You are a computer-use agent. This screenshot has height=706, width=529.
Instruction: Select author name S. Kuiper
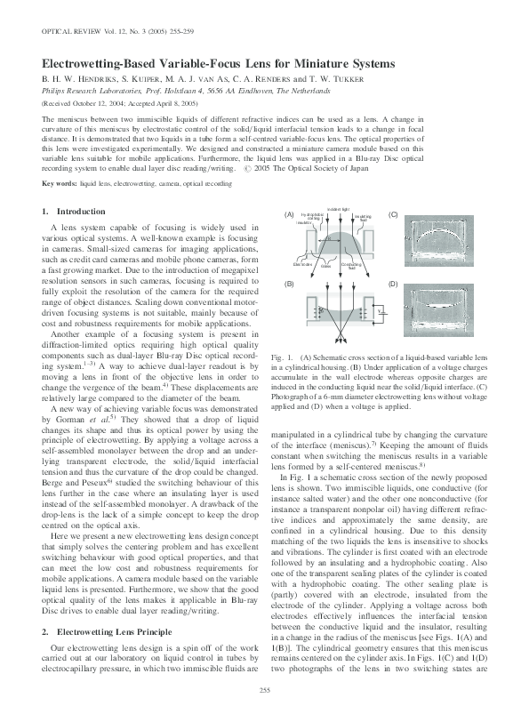click(132, 78)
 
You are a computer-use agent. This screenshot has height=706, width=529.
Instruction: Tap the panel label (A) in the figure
click(288, 216)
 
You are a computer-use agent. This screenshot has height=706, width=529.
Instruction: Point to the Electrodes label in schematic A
click(302, 264)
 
